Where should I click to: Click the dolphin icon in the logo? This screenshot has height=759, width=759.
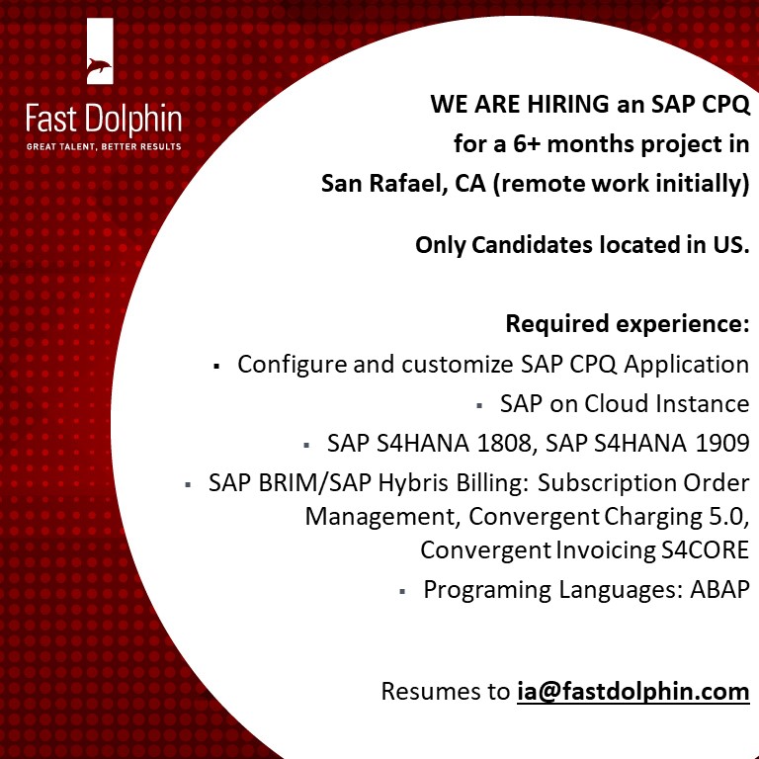pos(100,68)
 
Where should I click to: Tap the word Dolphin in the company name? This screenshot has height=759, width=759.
pos(133,121)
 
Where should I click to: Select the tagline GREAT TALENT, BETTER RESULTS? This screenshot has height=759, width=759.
pos(104,147)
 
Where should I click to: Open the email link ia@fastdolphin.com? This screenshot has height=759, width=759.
pos(632,691)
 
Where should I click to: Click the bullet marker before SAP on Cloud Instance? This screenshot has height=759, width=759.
pos(478,405)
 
